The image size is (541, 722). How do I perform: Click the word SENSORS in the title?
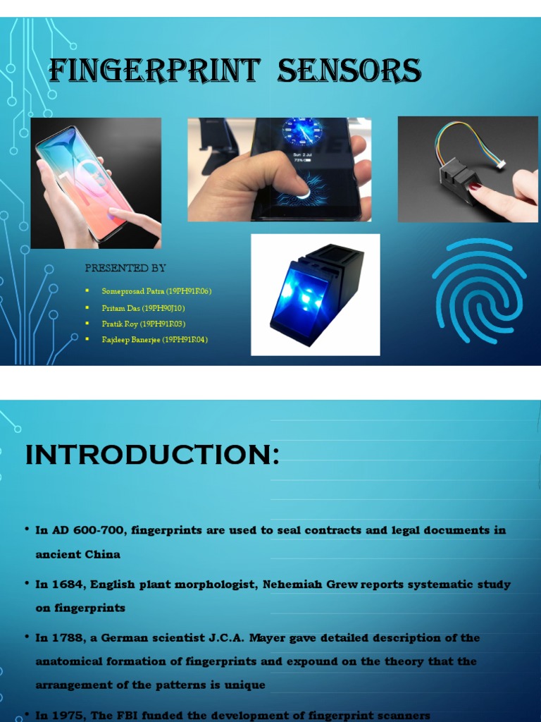[x=349, y=71]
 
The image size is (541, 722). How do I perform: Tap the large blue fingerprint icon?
[x=479, y=292]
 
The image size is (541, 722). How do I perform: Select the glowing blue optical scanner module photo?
[x=316, y=295]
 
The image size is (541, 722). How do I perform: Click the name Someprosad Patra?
[x=133, y=291]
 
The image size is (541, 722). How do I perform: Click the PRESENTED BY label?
[x=125, y=268]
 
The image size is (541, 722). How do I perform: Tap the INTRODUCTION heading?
[x=152, y=455]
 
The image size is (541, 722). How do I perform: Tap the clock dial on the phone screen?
[x=302, y=132]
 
